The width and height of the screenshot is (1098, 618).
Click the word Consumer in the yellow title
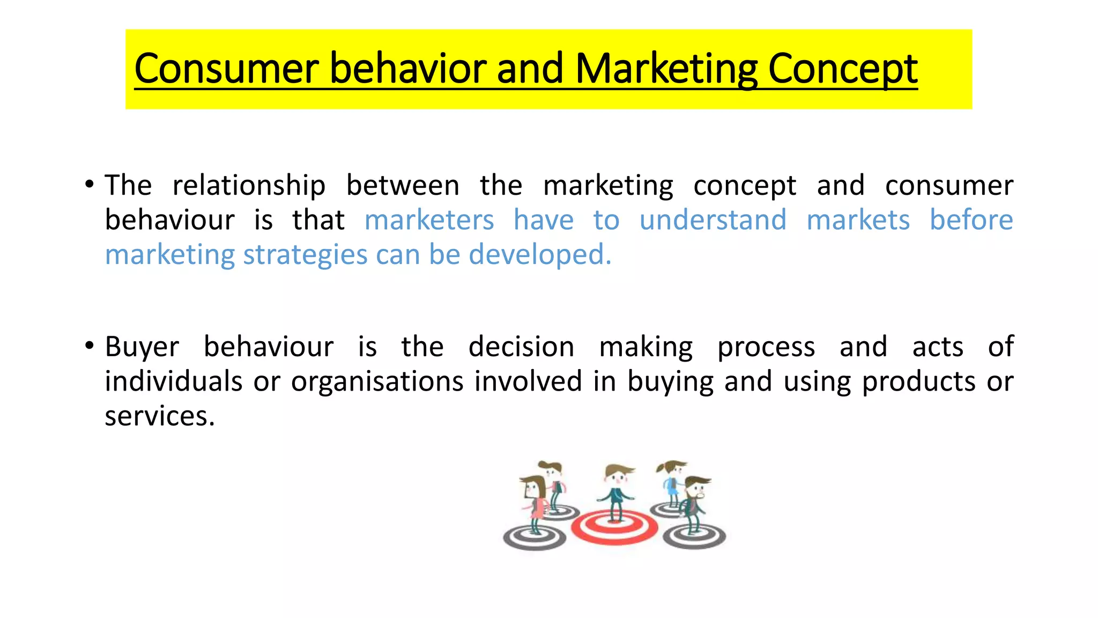tap(227, 69)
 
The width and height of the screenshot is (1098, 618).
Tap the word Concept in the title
tap(843, 69)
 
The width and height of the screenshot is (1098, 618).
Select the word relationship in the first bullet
tap(249, 186)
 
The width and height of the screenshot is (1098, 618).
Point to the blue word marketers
tap(429, 220)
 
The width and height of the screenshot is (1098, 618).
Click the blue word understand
tap(713, 220)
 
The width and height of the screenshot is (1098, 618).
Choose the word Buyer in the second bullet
tap(142, 347)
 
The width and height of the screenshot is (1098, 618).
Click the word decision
tap(521, 347)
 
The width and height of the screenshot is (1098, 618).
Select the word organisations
tap(377, 382)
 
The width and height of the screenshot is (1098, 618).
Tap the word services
tap(159, 416)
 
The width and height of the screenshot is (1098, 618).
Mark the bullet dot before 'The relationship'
tap(90, 185)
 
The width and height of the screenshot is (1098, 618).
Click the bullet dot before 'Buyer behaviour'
tap(90, 346)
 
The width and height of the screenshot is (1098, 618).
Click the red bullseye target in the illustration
tap(614, 528)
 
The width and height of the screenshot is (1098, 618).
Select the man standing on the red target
tap(616, 491)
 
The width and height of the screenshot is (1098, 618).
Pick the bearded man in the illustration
tap(695, 502)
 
